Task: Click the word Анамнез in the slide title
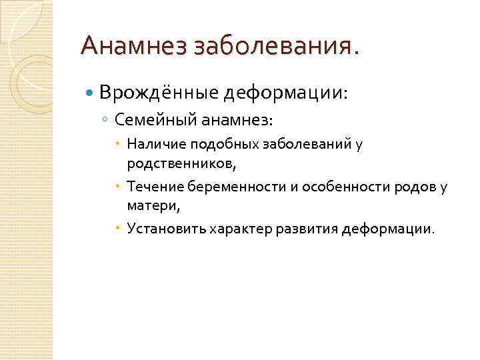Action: click(x=134, y=46)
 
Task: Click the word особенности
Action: click(x=340, y=186)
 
